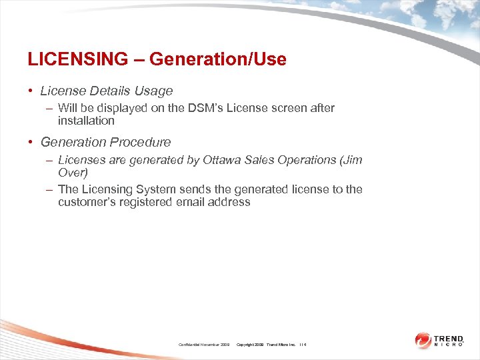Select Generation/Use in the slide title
[x=218, y=59]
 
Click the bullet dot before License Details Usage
[x=31, y=91]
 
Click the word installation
[x=86, y=121]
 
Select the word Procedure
[x=143, y=142]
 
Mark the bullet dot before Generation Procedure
[x=31, y=142]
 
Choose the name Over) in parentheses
[x=73, y=173]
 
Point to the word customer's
[x=87, y=202]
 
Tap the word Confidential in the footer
[x=193, y=345]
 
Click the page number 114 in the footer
[x=303, y=345]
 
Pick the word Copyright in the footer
[x=248, y=345]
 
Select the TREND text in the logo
[x=449, y=338]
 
